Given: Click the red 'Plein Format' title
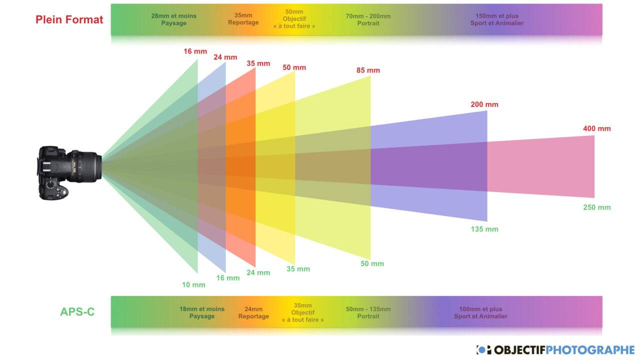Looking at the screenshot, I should (69, 19).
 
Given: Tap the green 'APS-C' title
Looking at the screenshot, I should (77, 312).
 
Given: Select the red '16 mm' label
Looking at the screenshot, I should (195, 51).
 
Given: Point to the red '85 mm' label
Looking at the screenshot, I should (368, 70).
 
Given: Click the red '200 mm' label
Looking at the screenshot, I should (484, 104).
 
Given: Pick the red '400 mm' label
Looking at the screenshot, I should (596, 129).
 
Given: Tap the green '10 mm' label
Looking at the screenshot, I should (193, 285).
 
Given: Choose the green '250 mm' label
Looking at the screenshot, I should (596, 207).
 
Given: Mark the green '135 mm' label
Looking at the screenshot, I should (484, 229).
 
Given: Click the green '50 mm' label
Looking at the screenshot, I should (372, 264).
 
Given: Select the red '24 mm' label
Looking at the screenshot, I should (225, 57).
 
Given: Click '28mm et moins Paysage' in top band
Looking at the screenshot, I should (173, 19).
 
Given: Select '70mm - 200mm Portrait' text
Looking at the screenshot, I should (368, 19).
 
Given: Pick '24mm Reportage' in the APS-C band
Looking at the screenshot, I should (253, 312).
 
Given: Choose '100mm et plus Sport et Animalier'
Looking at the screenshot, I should (480, 312).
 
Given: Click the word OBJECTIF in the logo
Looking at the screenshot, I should (520, 350).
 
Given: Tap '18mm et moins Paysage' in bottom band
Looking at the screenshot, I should (202, 312).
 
